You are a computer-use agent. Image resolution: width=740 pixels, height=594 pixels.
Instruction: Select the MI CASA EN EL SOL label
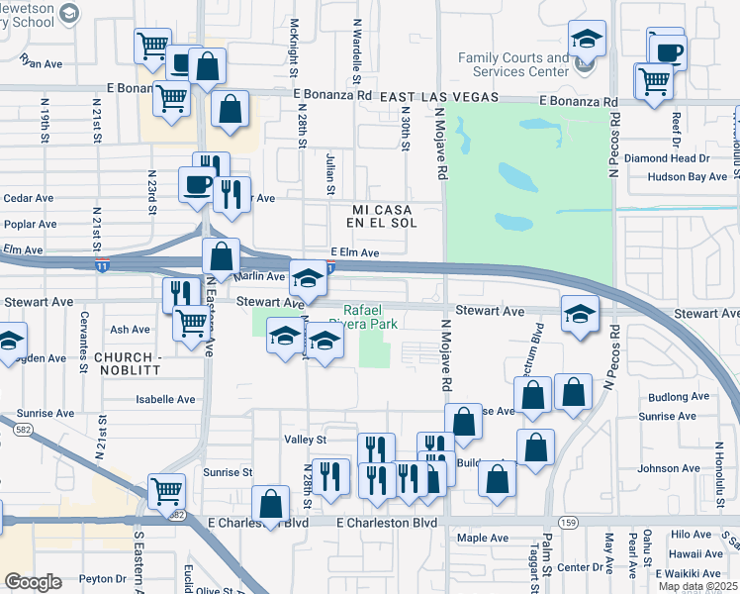(x=384, y=217)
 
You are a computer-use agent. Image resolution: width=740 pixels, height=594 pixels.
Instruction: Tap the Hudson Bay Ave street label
(x=687, y=177)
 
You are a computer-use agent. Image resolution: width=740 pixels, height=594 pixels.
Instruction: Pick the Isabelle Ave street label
(x=165, y=400)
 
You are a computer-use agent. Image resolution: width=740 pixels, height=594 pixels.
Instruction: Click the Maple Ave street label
(x=484, y=539)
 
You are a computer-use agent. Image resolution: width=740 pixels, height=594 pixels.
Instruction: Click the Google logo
(x=33, y=582)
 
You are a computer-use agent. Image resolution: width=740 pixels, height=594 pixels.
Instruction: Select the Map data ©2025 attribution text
(x=696, y=586)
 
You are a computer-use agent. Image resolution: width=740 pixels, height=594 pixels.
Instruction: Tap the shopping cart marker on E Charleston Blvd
(x=166, y=490)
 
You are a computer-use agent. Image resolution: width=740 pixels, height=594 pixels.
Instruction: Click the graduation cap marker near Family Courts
(x=587, y=41)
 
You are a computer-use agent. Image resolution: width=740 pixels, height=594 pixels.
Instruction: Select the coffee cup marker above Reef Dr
(x=669, y=51)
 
